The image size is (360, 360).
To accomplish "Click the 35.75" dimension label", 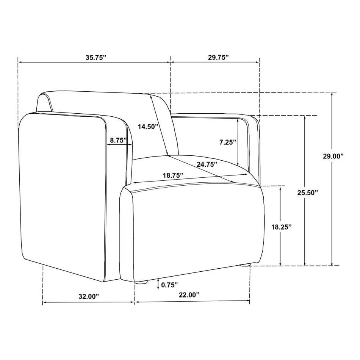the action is click(96, 57).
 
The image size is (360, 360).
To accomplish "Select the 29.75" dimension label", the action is click(218, 57).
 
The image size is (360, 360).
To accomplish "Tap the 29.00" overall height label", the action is click(333, 157).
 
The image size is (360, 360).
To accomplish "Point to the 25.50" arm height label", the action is click(308, 193).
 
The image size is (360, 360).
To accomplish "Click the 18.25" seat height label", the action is click(282, 227).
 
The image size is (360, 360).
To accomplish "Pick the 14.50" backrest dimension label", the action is click(148, 127).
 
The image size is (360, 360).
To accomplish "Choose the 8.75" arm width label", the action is click(118, 140).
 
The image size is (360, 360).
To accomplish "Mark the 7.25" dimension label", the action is click(228, 142).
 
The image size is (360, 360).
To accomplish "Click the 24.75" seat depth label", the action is click(207, 164).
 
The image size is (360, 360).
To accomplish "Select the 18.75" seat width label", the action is click(173, 175).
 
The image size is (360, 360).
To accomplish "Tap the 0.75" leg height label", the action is click(169, 285).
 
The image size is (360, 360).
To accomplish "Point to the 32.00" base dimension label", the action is click(89, 296).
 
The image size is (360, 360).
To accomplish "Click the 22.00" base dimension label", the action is click(189, 295).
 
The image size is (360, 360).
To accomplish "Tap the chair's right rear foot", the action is click(245, 265).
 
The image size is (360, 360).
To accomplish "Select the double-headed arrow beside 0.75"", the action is click(158, 284).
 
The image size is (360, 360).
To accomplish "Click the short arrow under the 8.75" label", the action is click(120, 145).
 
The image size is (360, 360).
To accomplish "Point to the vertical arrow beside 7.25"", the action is click(238, 142).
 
